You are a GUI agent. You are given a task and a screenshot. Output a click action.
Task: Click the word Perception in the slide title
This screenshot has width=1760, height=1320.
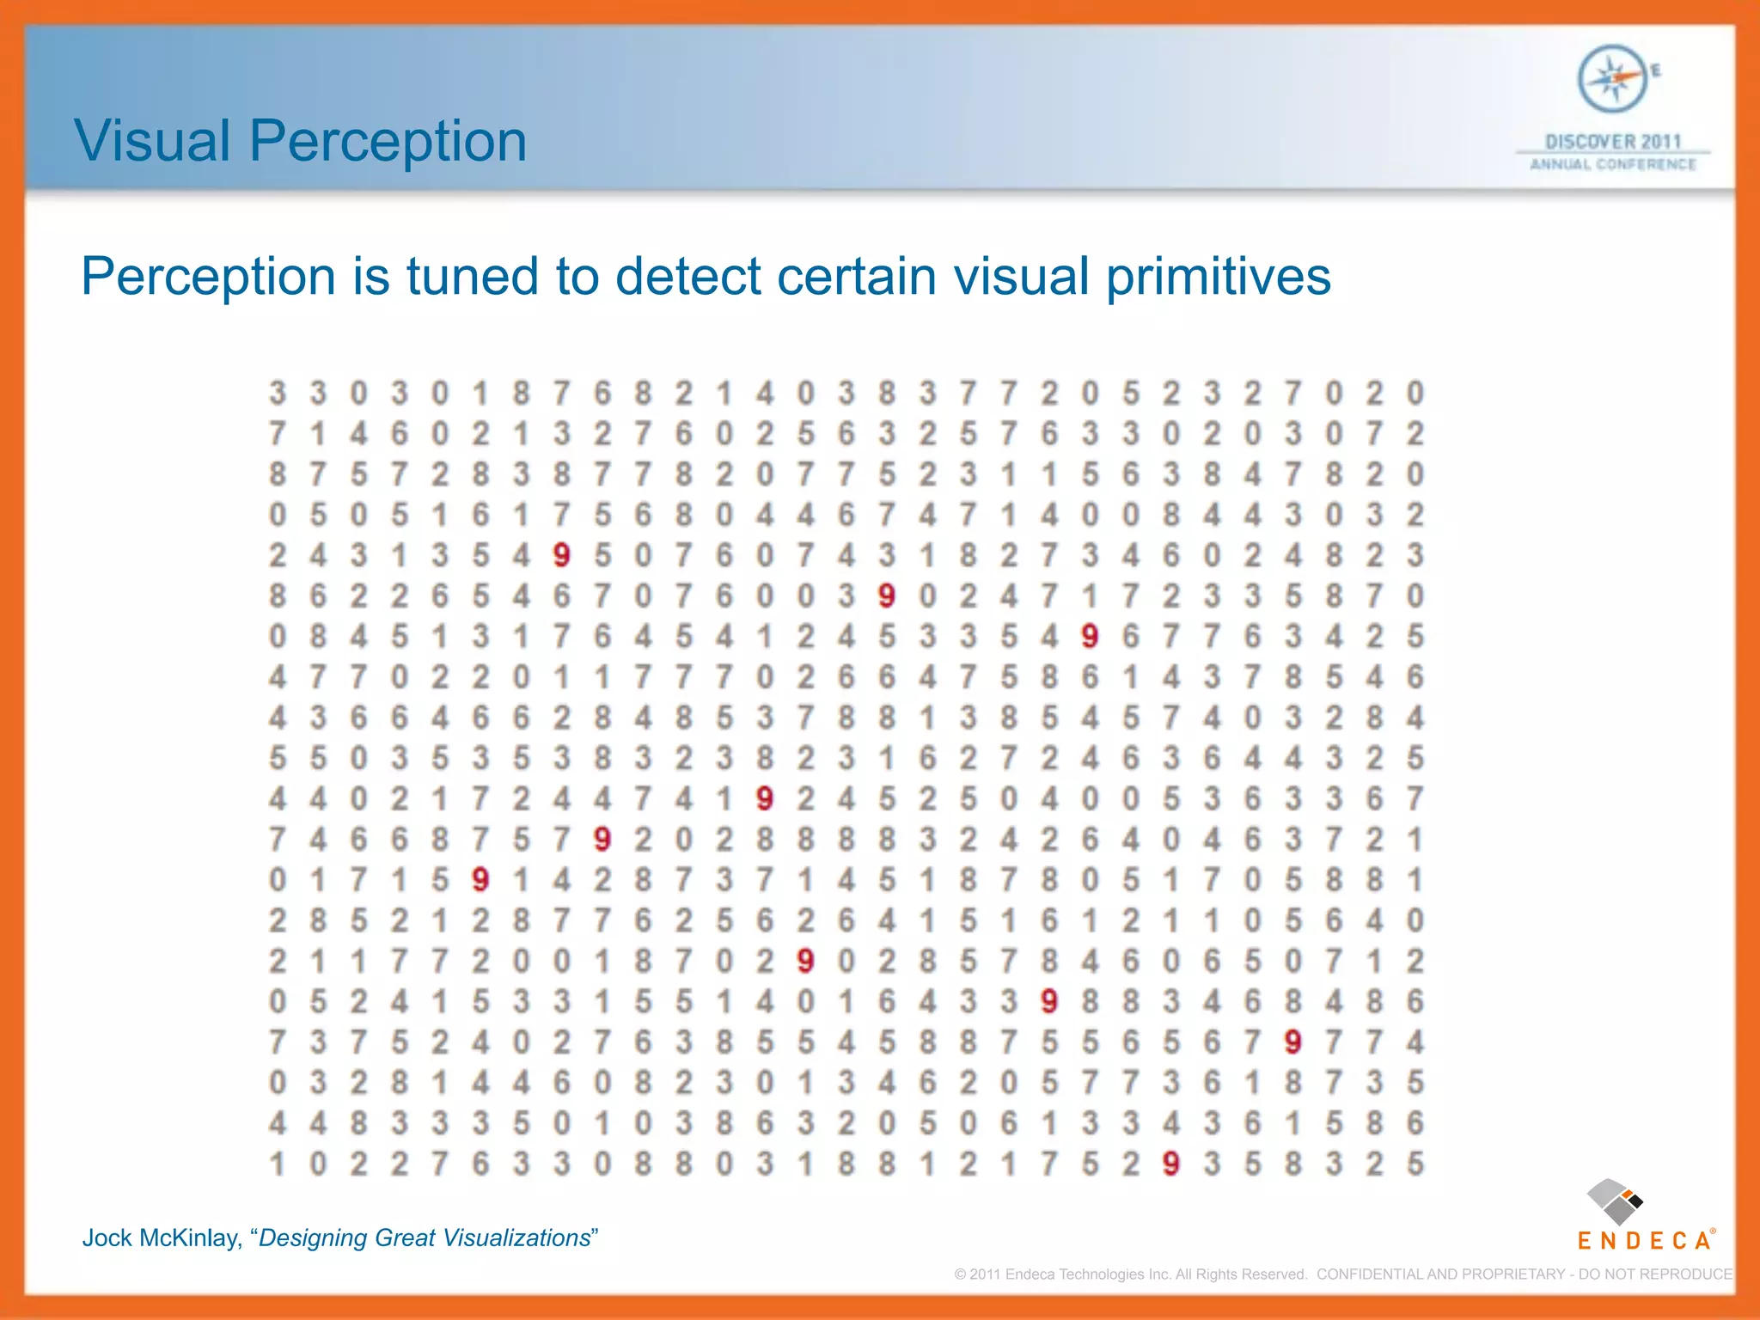388,143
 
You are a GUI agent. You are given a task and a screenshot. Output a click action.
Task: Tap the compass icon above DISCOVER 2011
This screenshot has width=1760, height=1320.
1612,79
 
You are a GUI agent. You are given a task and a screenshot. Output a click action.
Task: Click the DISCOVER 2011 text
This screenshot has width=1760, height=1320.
1612,142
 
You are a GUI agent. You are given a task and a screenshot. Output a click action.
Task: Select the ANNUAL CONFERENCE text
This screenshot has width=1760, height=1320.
1612,164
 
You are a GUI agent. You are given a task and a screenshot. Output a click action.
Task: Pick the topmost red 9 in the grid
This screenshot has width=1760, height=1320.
562,556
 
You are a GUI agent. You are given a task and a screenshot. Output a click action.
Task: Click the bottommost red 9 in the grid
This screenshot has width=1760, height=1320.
1170,1164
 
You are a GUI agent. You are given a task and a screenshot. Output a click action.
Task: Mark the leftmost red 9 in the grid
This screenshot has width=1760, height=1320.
480,880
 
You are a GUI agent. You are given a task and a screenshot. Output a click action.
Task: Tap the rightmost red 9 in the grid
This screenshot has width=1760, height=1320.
1292,1042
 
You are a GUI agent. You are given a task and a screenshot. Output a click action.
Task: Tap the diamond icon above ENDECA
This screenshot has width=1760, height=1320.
1614,1201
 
